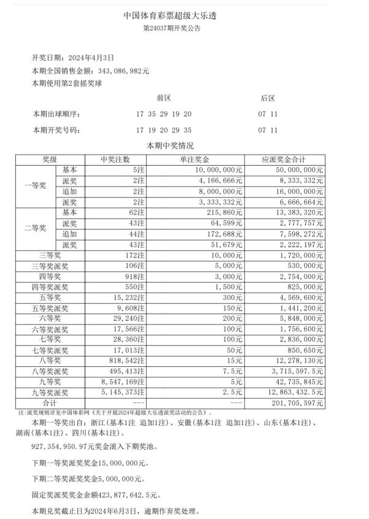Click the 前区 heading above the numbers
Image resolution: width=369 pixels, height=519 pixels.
(163, 98)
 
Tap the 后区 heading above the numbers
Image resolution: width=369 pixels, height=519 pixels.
(268, 98)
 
